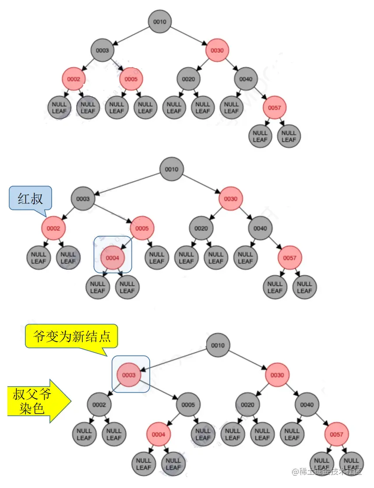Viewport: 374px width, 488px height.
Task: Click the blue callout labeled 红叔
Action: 30,199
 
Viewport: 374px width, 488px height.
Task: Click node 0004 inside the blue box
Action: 112,258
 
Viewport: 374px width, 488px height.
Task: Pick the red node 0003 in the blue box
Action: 129,375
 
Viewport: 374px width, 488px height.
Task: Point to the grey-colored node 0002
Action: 99,404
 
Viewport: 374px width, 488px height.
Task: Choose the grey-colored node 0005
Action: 188,404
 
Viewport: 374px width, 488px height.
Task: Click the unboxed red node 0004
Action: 159,435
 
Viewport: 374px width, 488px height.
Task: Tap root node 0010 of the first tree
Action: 159,21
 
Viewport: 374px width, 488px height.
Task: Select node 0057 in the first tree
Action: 275,108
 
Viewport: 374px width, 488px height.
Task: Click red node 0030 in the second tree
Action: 230,199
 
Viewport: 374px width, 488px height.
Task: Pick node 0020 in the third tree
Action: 247,404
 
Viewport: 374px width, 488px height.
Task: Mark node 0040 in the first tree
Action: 246,79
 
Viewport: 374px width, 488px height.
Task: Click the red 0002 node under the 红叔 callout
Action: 53,228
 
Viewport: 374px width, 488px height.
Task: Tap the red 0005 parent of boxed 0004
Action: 142,228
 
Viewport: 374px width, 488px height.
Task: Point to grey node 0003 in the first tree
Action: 102,50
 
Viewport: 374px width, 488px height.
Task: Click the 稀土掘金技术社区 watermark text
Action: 328,471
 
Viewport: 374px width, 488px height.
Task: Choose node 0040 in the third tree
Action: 307,404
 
